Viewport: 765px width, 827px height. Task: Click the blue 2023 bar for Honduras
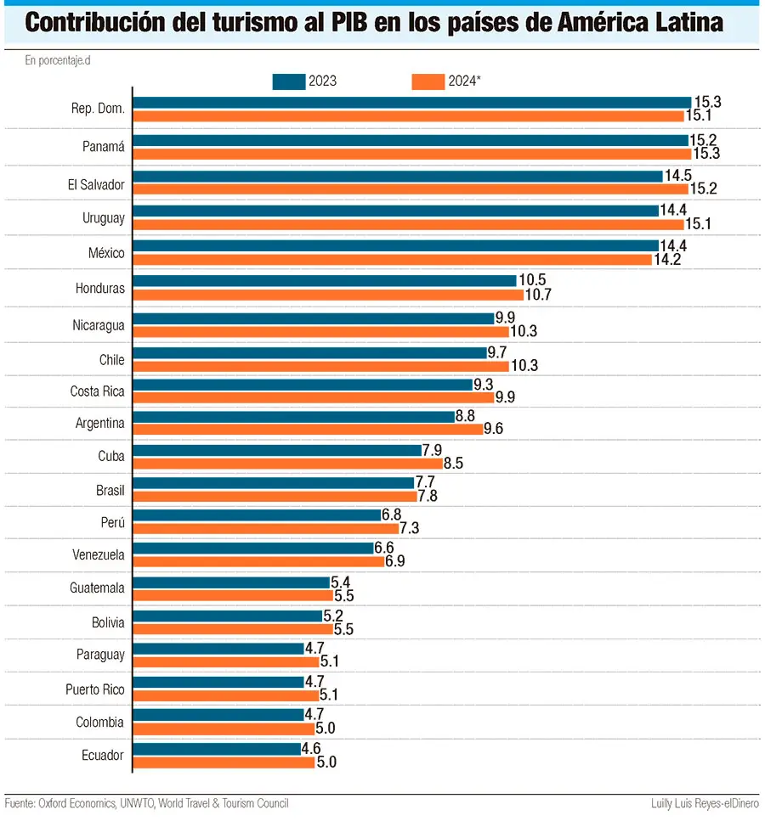[325, 281]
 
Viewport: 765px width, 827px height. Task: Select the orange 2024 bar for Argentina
[308, 429]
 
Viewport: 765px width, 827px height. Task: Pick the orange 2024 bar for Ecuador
[224, 762]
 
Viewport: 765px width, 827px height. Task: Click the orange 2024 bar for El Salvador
[411, 188]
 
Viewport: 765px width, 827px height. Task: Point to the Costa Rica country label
[98, 391]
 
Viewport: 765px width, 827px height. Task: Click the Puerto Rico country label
[95, 689]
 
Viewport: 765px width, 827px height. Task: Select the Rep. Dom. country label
[99, 109]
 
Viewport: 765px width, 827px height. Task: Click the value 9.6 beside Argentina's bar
[494, 429]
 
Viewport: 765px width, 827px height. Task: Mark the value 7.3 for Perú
[410, 528]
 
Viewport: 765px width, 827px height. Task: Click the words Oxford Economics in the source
[79, 803]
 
